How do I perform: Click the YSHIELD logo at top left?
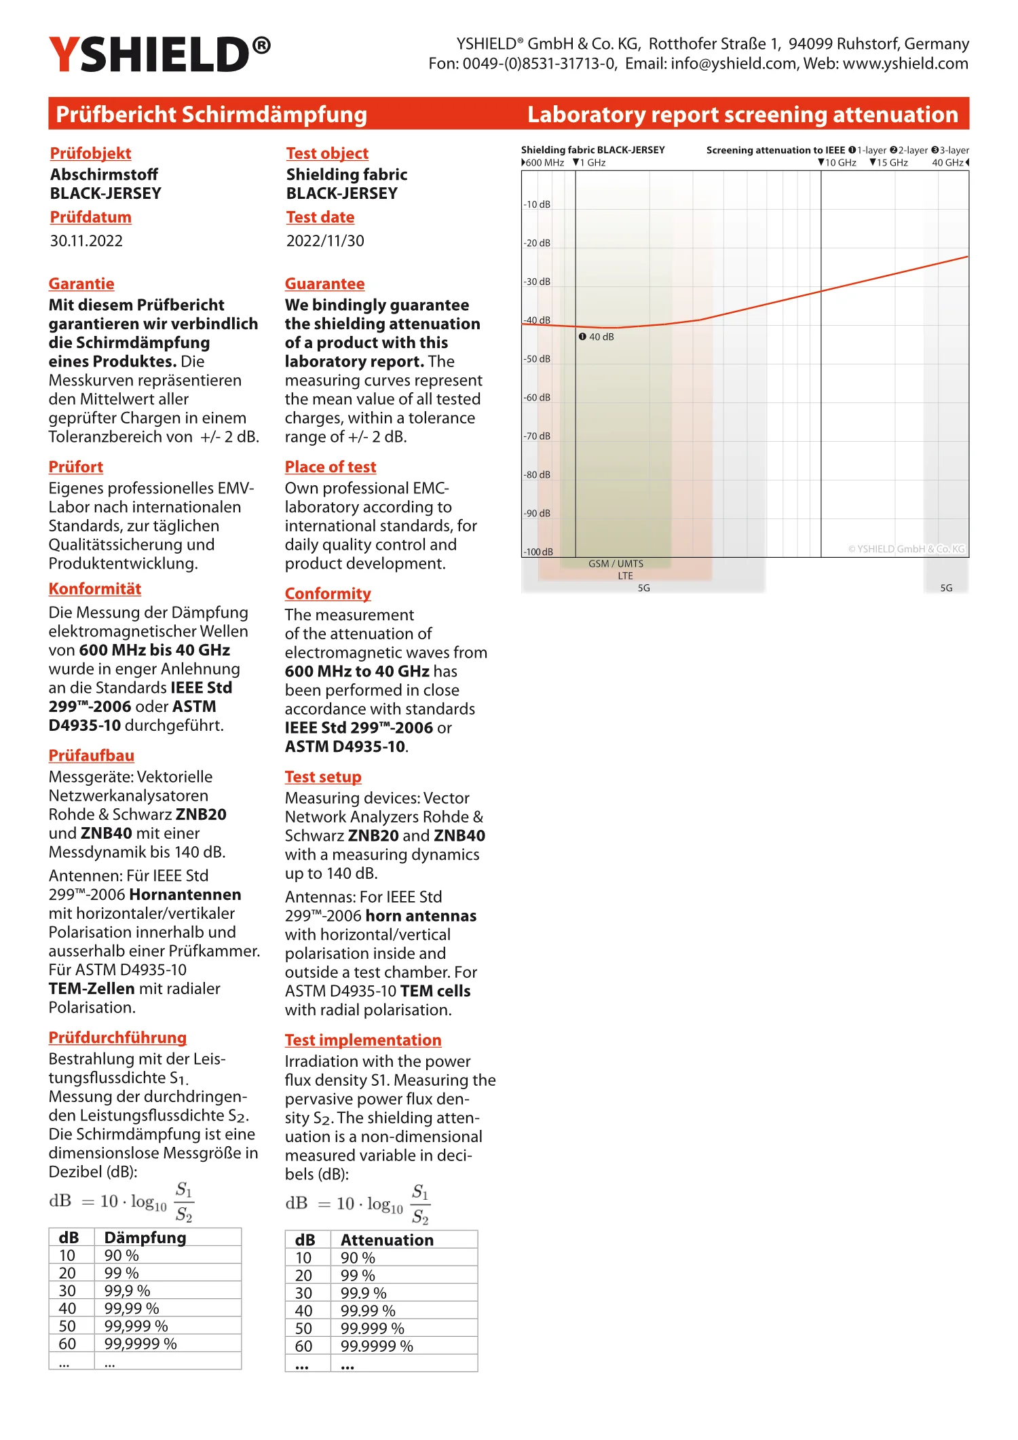(159, 54)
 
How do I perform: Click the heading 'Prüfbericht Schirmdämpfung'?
(211, 114)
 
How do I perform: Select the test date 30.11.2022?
(86, 241)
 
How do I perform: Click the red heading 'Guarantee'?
(324, 284)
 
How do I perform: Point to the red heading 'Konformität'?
(94, 589)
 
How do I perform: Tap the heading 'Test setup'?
(323, 777)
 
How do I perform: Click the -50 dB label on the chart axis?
(537, 359)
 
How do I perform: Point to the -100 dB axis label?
(538, 552)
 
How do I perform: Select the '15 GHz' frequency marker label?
(892, 163)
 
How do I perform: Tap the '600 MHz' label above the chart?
(544, 163)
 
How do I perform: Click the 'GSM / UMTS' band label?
(616, 564)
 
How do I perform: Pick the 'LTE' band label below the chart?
(625, 576)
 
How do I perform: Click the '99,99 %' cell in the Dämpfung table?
(132, 1308)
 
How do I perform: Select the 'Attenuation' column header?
(387, 1240)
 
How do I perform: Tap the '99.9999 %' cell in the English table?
(377, 1346)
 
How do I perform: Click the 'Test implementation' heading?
(363, 1040)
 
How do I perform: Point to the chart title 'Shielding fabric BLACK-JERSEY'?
(592, 150)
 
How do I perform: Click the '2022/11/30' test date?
(325, 241)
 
